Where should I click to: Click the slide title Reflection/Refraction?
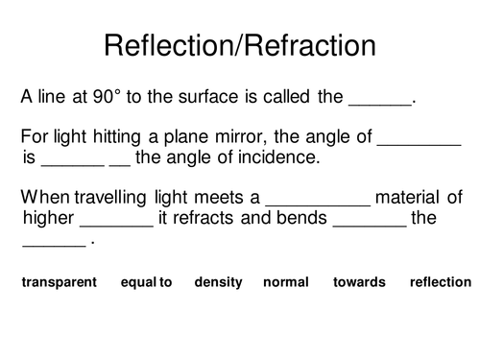click(x=239, y=45)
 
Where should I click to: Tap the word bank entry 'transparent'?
click(x=60, y=282)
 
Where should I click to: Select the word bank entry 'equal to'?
click(x=147, y=282)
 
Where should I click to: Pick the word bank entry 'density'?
click(x=218, y=282)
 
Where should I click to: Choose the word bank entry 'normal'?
click(x=286, y=282)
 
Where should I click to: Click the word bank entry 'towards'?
click(x=359, y=282)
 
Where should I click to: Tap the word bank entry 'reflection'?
click(x=441, y=282)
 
